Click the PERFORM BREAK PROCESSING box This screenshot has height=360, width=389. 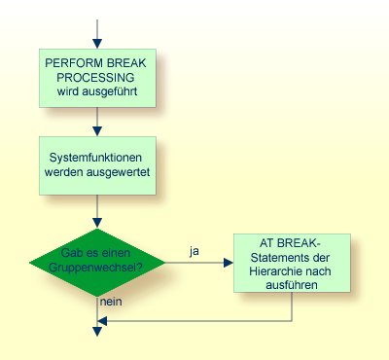pos(96,78)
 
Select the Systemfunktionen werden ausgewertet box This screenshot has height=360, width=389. pos(96,163)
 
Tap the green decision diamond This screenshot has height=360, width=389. pos(96,260)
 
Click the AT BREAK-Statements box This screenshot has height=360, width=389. pos(292,262)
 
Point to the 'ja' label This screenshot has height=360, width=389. pos(194,251)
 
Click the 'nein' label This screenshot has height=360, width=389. pos(111,303)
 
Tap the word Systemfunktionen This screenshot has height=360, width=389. pos(96,156)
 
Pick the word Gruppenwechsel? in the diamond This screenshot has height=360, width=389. pos(96,268)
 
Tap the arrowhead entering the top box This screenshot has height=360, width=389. pos(96,44)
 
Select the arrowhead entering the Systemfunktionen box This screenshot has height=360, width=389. pos(96,129)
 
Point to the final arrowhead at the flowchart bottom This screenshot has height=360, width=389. pos(96,333)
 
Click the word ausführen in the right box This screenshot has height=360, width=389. pos(292,286)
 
